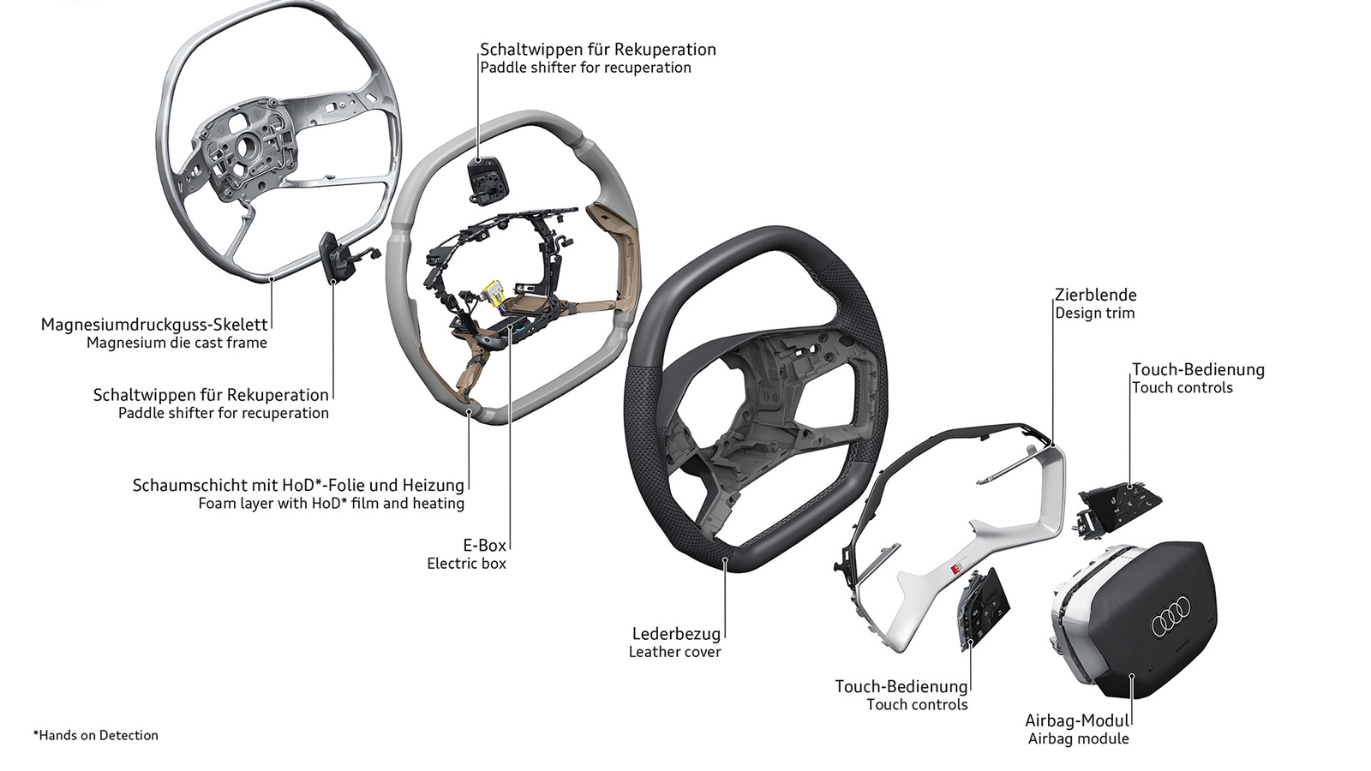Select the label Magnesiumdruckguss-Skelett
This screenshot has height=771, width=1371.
[x=154, y=325]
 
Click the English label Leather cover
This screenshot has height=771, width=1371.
[x=674, y=652]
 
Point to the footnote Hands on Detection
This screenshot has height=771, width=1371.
[x=96, y=735]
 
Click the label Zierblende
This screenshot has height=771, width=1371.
[x=1096, y=296]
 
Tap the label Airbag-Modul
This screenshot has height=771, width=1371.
[x=1077, y=720]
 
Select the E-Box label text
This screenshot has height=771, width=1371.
[x=484, y=545]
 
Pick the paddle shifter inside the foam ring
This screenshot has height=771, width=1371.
[x=487, y=178]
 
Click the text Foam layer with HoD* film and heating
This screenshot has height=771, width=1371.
[x=331, y=504]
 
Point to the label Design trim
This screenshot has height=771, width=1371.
[x=1094, y=314]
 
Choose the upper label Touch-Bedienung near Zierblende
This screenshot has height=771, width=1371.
[x=1197, y=370]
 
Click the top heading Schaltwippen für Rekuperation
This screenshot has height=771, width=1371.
[x=597, y=50]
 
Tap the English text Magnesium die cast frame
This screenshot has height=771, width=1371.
[x=177, y=343]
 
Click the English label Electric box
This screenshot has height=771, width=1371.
[x=466, y=564]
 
